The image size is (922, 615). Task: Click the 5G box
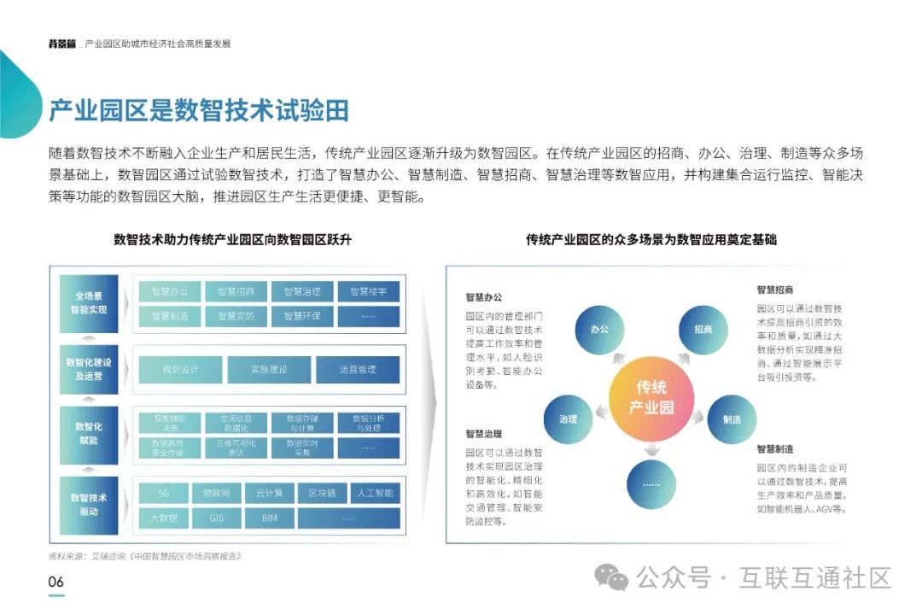tap(168, 493)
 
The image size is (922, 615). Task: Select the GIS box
tap(219, 518)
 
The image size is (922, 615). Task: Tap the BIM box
tap(269, 518)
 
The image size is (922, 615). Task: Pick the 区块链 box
tap(322, 493)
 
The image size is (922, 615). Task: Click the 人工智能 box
tap(374, 493)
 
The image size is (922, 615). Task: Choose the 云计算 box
tap(269, 493)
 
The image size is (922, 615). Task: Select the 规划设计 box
tap(180, 369)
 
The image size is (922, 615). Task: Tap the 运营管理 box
tap(357, 369)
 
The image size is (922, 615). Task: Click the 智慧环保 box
tap(301, 316)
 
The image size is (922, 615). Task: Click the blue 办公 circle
tap(599, 328)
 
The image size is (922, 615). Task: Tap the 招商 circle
tap(703, 329)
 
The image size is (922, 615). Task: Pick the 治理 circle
tap(569, 419)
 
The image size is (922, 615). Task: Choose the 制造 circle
tap(732, 419)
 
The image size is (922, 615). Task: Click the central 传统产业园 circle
tap(651, 397)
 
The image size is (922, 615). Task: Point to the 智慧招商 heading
tap(775, 290)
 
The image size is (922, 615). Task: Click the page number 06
tap(55, 582)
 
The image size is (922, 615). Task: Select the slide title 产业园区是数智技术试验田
tap(198, 111)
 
